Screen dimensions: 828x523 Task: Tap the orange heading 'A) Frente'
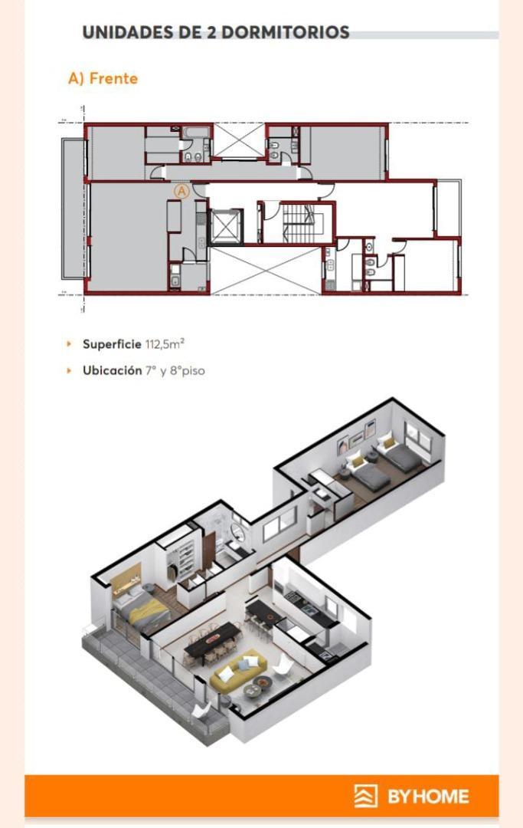(103, 78)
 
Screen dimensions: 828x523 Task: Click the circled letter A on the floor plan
(181, 191)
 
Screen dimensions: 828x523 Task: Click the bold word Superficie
(112, 344)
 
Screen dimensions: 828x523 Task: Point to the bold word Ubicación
(112, 370)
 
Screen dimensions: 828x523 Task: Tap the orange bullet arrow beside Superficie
(70, 344)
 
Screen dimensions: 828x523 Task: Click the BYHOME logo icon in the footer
(365, 796)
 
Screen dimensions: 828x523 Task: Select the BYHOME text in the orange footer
(428, 796)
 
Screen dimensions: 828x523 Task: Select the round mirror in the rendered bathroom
(239, 522)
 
